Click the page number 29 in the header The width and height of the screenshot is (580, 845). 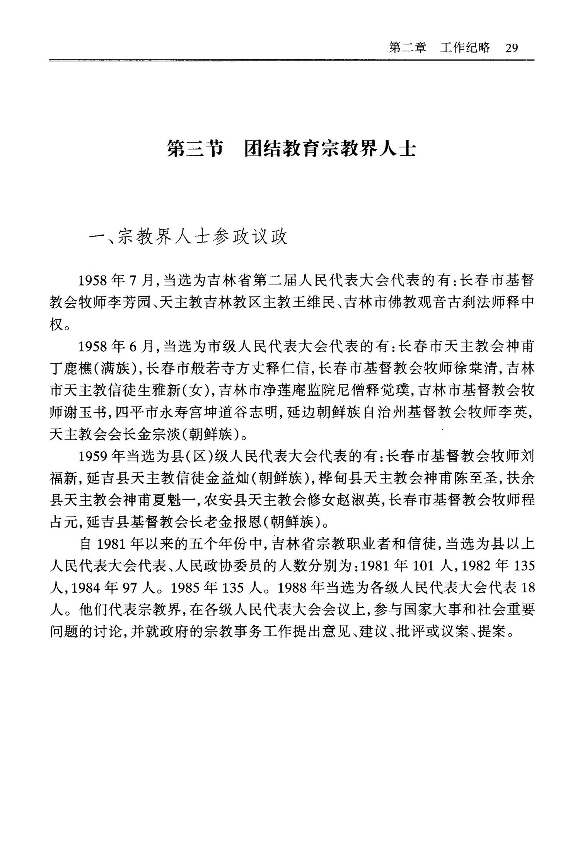511,48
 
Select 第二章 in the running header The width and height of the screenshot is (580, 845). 407,48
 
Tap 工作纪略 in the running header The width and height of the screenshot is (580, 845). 465,48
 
